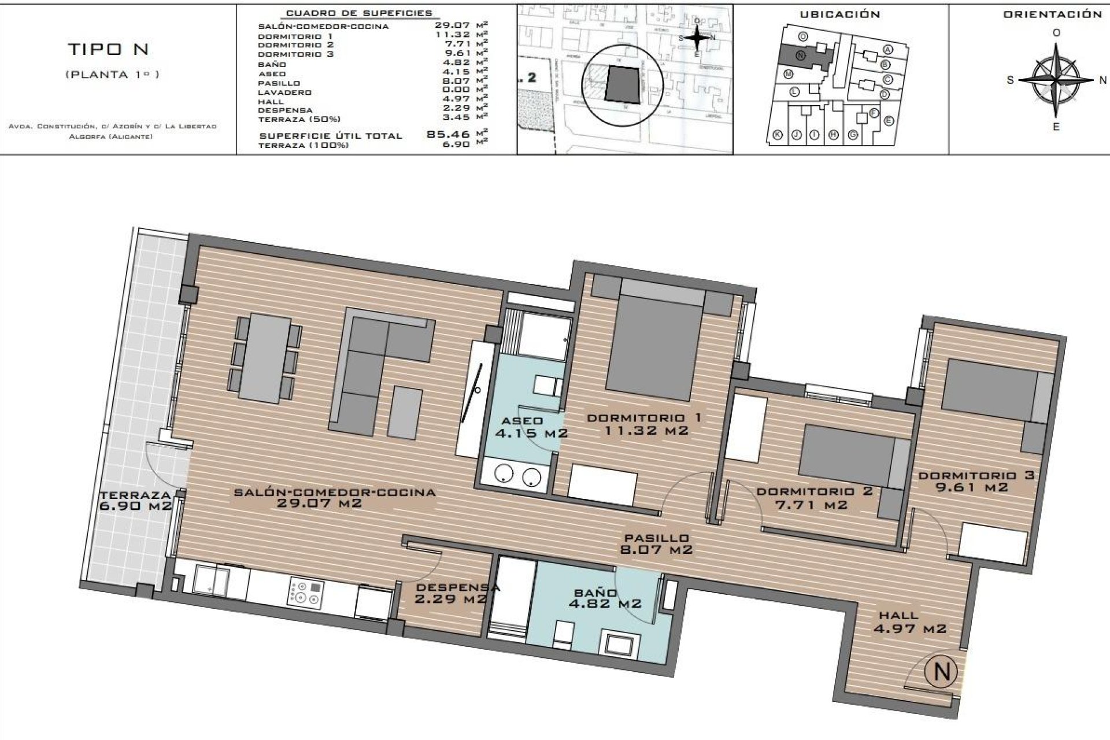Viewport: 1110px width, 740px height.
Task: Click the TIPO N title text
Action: point(109,50)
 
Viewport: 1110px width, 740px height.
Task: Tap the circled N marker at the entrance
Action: point(942,671)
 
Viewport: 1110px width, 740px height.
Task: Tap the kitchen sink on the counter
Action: point(210,580)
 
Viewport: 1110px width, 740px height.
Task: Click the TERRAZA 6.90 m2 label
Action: point(136,500)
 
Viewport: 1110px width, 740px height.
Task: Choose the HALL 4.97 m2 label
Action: point(909,622)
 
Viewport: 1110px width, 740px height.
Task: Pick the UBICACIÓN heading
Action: point(839,14)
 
